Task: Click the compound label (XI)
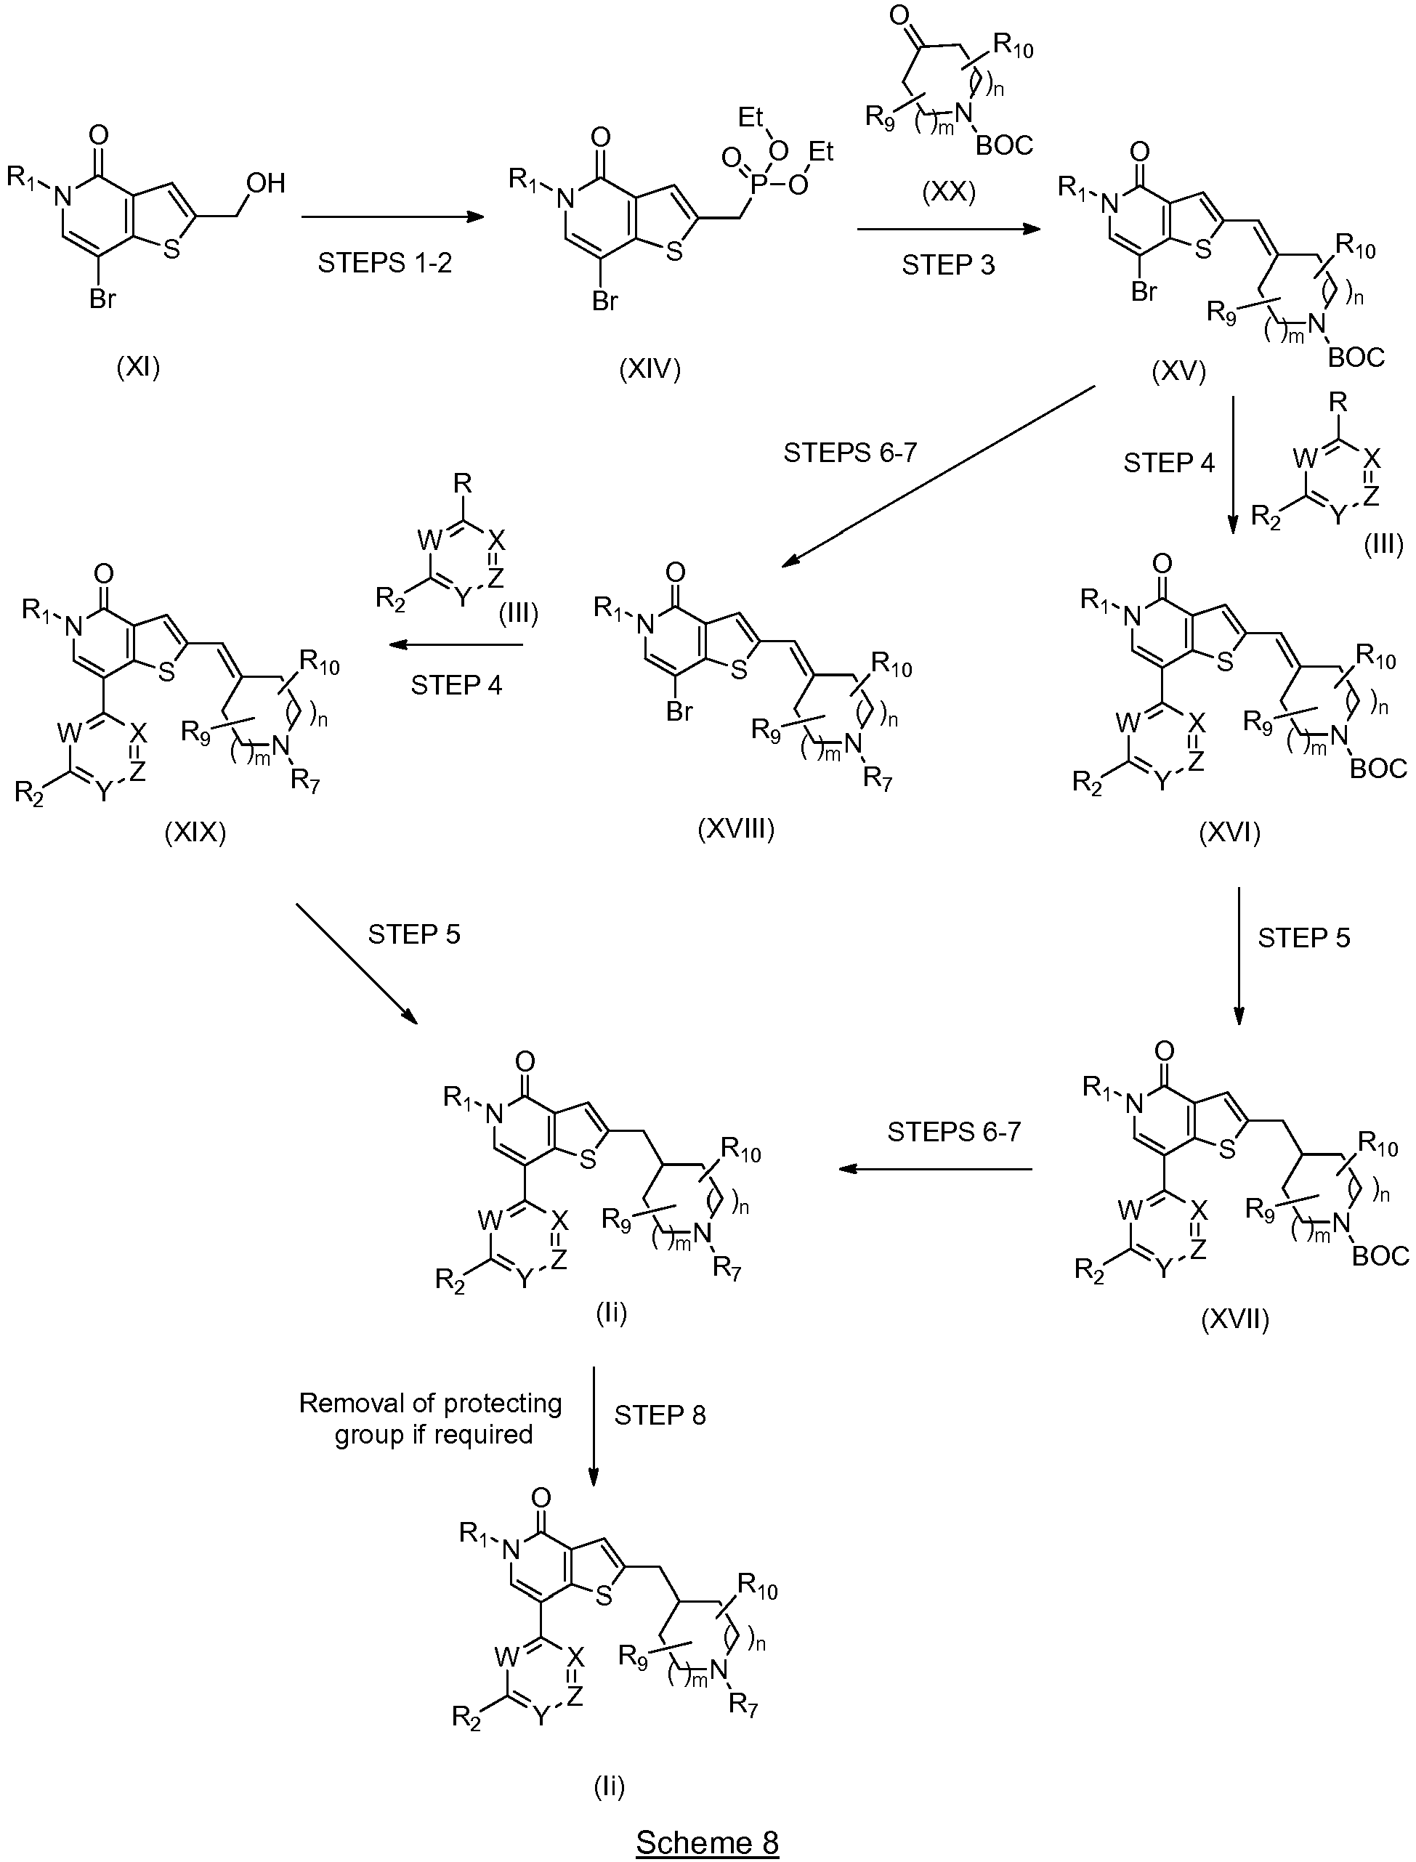[x=138, y=367]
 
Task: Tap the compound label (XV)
[x=1178, y=371]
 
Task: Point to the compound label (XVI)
[x=1230, y=833]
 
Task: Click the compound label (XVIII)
[x=736, y=830]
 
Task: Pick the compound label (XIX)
[x=195, y=833]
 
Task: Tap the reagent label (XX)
[x=948, y=193]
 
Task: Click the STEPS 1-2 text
[x=384, y=263]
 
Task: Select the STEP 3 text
[x=948, y=264]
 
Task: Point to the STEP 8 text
[x=660, y=1415]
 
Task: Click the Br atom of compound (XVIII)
[x=679, y=711]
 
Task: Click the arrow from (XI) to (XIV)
[x=393, y=217]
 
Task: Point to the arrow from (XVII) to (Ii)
[x=936, y=1169]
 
